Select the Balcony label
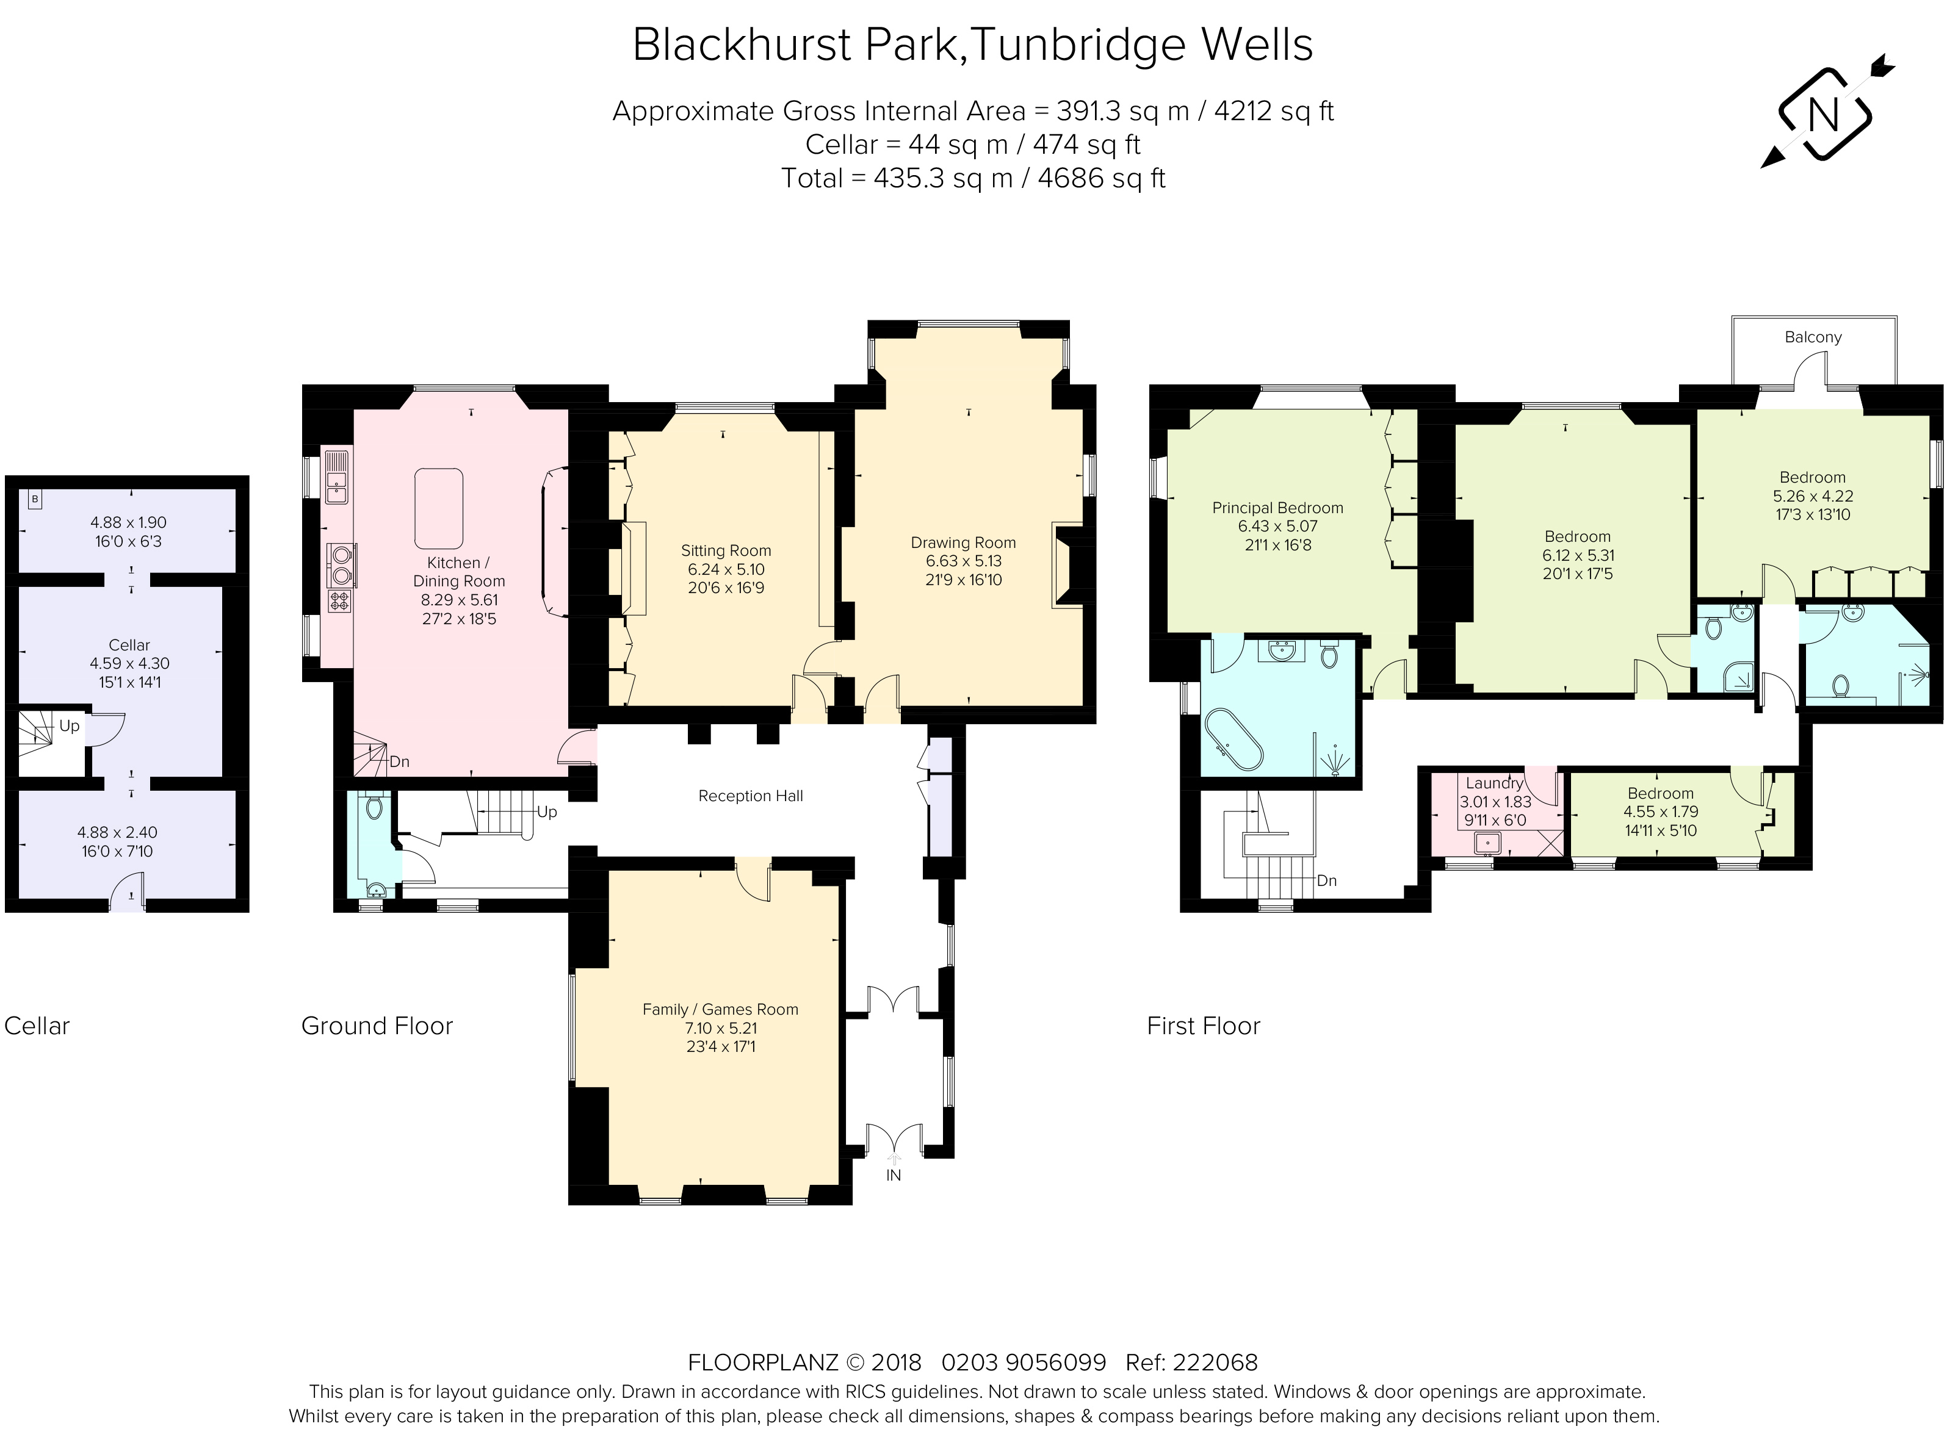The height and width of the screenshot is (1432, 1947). click(x=1813, y=337)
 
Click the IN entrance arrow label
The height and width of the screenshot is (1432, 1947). click(x=893, y=1175)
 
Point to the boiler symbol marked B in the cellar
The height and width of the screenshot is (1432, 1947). click(x=35, y=499)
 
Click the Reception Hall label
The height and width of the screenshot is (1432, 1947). click(x=751, y=796)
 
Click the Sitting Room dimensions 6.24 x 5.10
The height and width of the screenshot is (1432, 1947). click(x=726, y=569)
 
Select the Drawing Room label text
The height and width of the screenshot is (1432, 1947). click(x=963, y=542)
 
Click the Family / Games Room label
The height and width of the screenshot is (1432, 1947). click(x=720, y=1009)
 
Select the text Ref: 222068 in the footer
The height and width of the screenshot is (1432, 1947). click(x=1190, y=1362)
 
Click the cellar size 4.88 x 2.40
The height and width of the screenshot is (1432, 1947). click(x=117, y=832)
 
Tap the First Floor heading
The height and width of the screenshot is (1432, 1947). click(x=1202, y=1026)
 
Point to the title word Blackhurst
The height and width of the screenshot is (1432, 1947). click(x=743, y=45)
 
